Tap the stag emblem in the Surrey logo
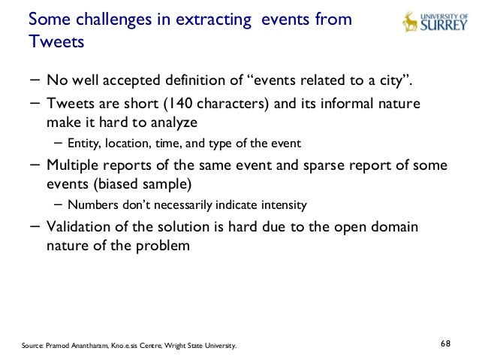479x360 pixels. coord(410,21)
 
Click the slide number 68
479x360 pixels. coord(445,343)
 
